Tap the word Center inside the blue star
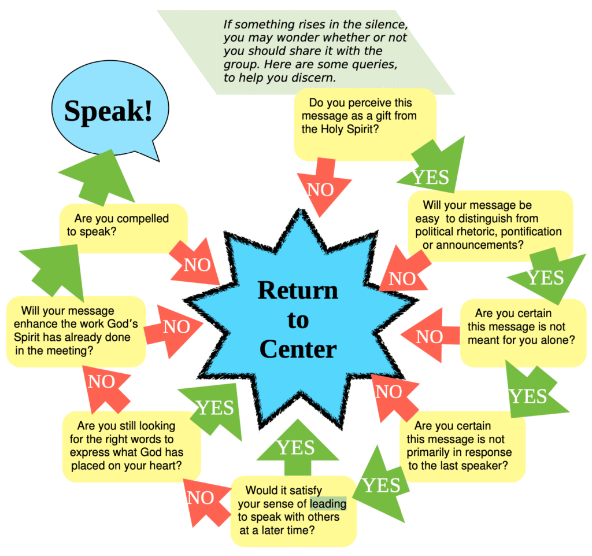tap(298, 349)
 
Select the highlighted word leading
tap(328, 504)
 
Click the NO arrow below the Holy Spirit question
tap(323, 186)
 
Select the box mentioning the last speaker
tap(461, 445)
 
